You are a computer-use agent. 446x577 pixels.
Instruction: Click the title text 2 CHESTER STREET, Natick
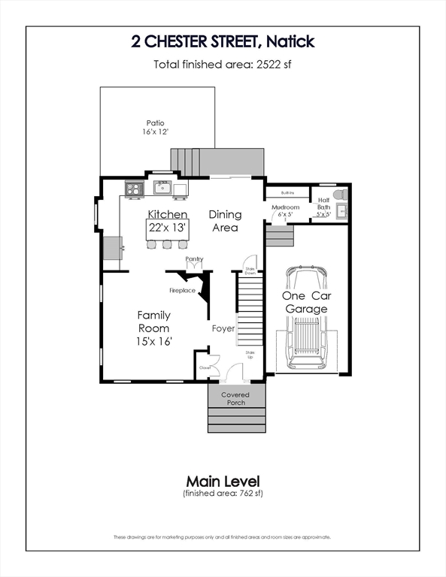[x=223, y=41]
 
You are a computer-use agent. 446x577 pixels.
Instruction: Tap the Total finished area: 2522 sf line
[x=223, y=65]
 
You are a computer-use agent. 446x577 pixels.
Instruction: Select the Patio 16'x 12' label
[x=156, y=127]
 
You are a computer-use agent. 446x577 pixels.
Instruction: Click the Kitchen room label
[x=167, y=215]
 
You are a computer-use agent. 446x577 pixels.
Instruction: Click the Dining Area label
[x=224, y=221]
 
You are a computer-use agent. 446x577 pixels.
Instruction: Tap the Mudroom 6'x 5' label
[x=285, y=211]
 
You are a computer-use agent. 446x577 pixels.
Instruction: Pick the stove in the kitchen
[x=134, y=189]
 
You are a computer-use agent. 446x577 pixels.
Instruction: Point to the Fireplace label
[x=182, y=290]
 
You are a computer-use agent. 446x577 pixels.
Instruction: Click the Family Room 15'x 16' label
[x=153, y=328]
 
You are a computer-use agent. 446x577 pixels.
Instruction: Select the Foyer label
[x=223, y=328]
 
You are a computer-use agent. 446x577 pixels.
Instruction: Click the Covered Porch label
[x=235, y=398]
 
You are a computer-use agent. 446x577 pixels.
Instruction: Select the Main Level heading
[x=223, y=480]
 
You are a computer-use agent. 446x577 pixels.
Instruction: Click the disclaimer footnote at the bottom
[x=223, y=537]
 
